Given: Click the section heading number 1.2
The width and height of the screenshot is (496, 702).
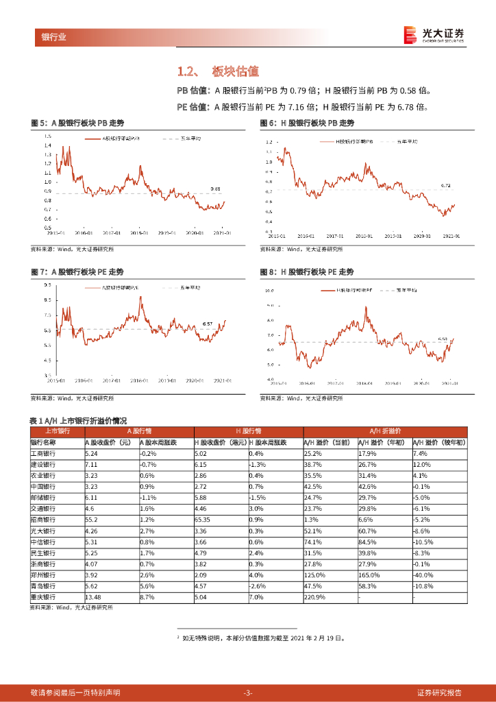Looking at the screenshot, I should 187,72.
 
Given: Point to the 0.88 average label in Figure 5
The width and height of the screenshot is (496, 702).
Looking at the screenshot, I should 216,189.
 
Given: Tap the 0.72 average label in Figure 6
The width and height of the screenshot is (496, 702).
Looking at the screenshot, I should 445,186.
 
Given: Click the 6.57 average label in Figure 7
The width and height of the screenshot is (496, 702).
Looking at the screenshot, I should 208,323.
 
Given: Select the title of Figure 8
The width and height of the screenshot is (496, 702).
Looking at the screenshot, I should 307,272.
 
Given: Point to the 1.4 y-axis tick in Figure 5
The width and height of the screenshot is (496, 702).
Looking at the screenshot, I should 47,136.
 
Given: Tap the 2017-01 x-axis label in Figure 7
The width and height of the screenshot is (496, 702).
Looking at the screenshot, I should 110,380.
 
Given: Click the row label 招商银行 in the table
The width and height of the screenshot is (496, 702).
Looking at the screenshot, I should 43,520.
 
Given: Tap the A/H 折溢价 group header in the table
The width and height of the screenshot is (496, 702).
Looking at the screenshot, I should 384,431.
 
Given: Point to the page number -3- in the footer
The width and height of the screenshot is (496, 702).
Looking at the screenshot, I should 248,692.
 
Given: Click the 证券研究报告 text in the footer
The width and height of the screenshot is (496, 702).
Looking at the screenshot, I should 439,692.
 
